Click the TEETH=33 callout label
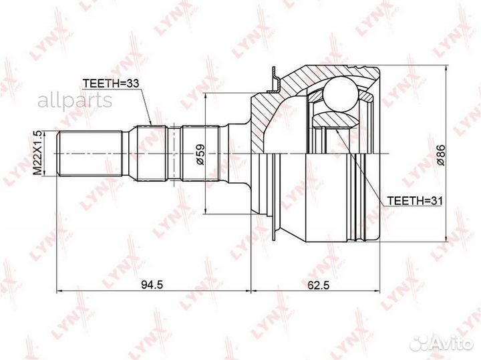pos(111,83)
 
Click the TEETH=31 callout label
pos(414,201)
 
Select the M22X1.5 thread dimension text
pos(37,153)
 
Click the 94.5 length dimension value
pos(152,285)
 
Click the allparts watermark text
pos(75,100)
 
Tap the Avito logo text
pos(450,344)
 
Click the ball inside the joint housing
pos(341,94)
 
